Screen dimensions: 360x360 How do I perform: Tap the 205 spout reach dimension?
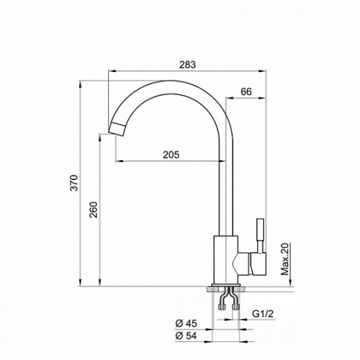(172, 155)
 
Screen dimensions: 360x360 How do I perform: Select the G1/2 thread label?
(262, 314)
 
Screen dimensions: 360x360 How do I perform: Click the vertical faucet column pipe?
(225, 180)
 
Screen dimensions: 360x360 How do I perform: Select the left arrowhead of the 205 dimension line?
(116, 161)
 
